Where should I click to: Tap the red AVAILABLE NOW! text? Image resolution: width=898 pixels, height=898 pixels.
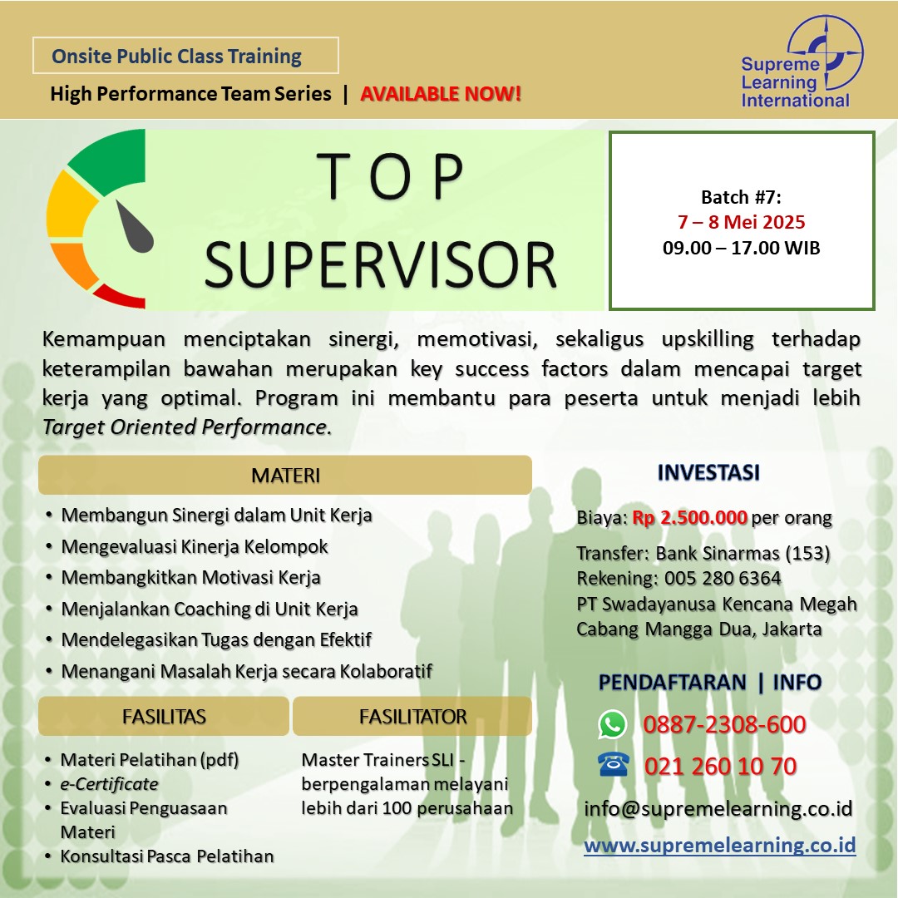pyautogui.click(x=441, y=93)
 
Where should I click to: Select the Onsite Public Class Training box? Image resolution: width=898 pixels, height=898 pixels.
pyautogui.click(x=185, y=56)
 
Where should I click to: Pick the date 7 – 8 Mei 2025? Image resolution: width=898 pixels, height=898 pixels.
pyautogui.click(x=741, y=222)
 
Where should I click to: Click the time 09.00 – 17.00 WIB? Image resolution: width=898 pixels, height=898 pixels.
pyautogui.click(x=741, y=248)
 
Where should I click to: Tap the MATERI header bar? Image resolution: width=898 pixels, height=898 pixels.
pyautogui.click(x=285, y=475)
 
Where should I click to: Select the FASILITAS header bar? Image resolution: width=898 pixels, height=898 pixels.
pyautogui.click(x=164, y=716)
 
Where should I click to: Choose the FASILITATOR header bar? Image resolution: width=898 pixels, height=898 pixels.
pyautogui.click(x=412, y=716)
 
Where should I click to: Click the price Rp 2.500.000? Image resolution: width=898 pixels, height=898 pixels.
pyautogui.click(x=689, y=517)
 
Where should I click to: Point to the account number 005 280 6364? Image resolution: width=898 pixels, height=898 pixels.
pyautogui.click(x=723, y=579)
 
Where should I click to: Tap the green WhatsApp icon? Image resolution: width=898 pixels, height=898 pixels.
pyautogui.click(x=612, y=724)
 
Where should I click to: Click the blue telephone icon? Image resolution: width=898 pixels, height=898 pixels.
pyautogui.click(x=613, y=765)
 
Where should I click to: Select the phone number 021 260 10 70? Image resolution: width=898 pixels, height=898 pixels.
pyautogui.click(x=720, y=766)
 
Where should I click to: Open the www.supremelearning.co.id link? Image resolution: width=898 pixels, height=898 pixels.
pyautogui.click(x=720, y=845)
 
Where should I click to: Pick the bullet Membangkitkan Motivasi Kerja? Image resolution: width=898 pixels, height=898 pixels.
pyautogui.click(x=190, y=577)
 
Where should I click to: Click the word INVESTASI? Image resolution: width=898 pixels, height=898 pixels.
pyautogui.click(x=708, y=472)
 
